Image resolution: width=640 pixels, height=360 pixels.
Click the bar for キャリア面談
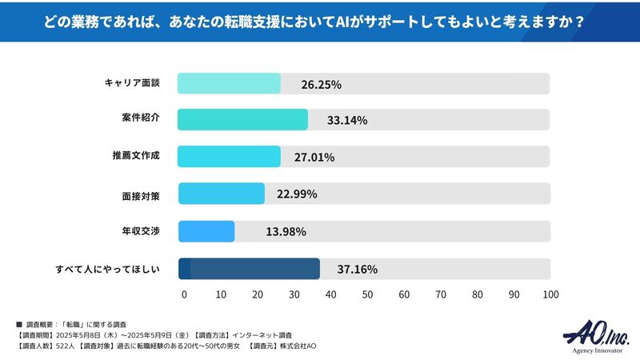pyautogui.click(x=229, y=83)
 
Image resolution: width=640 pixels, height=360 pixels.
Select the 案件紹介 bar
pyautogui.click(x=242, y=120)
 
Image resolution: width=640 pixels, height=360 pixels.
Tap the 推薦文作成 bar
pyautogui.click(x=229, y=157)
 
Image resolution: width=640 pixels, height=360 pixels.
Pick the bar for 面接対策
pyautogui.click(x=221, y=194)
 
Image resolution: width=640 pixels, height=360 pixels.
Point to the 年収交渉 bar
pyautogui.click(x=206, y=231)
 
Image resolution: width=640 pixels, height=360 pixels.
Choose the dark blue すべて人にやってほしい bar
pyautogui.click(x=248, y=269)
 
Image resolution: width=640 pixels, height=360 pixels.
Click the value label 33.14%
pyautogui.click(x=346, y=121)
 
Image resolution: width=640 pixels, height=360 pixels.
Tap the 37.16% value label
pyautogui.click(x=357, y=270)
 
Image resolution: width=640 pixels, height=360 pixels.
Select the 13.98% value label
pyautogui.click(x=286, y=232)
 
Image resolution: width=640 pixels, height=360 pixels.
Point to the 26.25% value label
pyautogui.click(x=322, y=84)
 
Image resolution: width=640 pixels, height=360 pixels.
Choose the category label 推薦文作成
pyautogui.click(x=135, y=155)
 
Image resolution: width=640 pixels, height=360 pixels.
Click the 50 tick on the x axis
pyautogui.click(x=367, y=294)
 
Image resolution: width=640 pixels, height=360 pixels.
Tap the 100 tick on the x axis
pyautogui.click(x=550, y=294)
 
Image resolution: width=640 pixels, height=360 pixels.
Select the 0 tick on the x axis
pyautogui.click(x=184, y=294)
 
